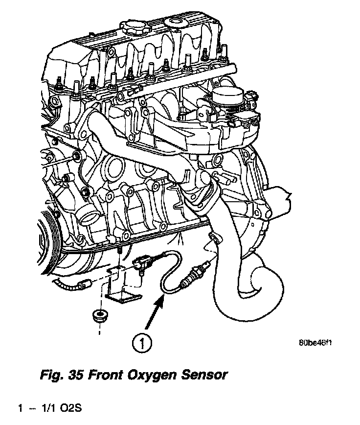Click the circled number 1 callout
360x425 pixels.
[x=142, y=343]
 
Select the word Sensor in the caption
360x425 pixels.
[x=204, y=375]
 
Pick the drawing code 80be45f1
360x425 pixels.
[x=315, y=343]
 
